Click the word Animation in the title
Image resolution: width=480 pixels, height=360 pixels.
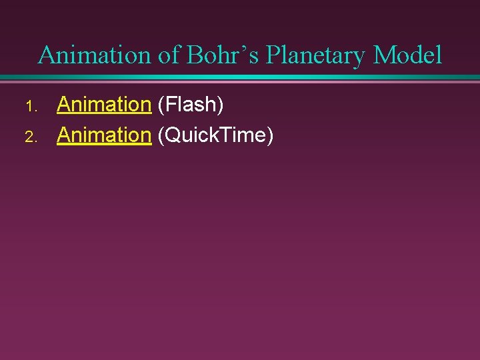point(95,55)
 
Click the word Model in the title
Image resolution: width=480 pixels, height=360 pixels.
point(407,55)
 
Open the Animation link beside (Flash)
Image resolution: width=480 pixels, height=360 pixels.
point(104,104)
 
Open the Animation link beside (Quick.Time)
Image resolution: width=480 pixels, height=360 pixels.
point(104,135)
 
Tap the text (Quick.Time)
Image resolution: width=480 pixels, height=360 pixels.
point(215,136)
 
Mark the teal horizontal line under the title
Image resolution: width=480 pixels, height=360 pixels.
point(240,78)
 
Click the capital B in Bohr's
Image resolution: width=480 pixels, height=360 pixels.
point(195,55)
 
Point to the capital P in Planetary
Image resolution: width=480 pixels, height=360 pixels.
point(273,55)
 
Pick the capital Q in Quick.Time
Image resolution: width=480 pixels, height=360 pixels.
point(171,135)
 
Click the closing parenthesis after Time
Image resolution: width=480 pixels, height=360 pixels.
point(270,136)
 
